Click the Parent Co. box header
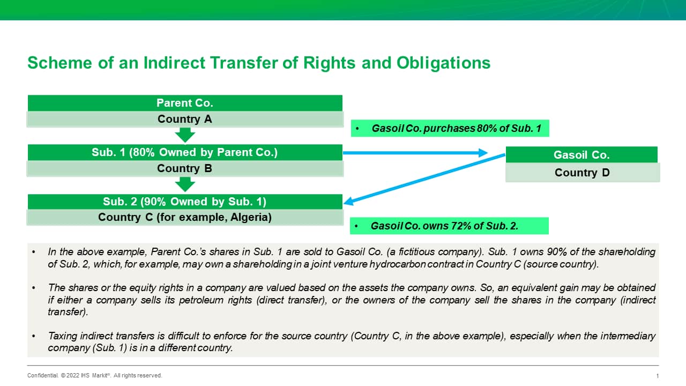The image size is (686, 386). click(185, 103)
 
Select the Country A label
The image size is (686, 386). click(185, 119)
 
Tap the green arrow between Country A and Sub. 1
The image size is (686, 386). click(185, 135)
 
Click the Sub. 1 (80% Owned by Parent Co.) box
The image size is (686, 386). click(185, 152)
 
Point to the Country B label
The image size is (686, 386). click(185, 168)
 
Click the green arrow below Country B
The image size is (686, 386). click(185, 184)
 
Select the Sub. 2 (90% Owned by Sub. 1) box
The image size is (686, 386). click(185, 202)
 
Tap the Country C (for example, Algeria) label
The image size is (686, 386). click(185, 217)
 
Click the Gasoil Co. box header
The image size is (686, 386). click(581, 155)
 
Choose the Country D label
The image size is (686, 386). click(583, 173)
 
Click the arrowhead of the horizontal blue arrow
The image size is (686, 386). click(483, 153)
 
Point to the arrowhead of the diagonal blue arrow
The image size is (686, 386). click(348, 202)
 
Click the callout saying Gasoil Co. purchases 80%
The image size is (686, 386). click(450, 128)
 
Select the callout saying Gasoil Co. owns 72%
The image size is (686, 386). click(449, 226)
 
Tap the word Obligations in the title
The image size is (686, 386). click(443, 63)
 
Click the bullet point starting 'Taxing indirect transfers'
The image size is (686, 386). click(344, 342)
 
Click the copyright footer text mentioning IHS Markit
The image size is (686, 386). click(95, 375)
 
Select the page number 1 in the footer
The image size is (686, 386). click(658, 376)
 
